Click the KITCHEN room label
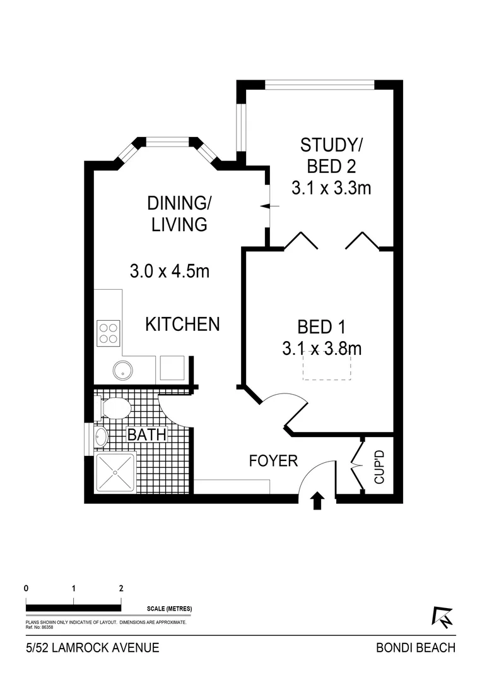pyautogui.click(x=182, y=325)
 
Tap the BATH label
pyautogui.click(x=147, y=435)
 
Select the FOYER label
pyautogui.click(x=273, y=461)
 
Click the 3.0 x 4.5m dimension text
pyautogui.click(x=169, y=272)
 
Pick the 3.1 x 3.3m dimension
pyautogui.click(x=331, y=188)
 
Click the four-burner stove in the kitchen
pyautogui.click(x=108, y=332)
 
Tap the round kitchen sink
pyautogui.click(x=121, y=370)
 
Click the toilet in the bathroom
pyautogui.click(x=114, y=408)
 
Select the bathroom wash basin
pyautogui.click(x=100, y=436)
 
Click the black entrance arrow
pyautogui.click(x=317, y=501)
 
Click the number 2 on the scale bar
pyautogui.click(x=120, y=587)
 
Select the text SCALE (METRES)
pyautogui.click(x=169, y=609)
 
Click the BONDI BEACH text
pyautogui.click(x=415, y=647)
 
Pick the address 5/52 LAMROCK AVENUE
pyautogui.click(x=92, y=647)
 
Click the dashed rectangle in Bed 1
pyautogui.click(x=327, y=366)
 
